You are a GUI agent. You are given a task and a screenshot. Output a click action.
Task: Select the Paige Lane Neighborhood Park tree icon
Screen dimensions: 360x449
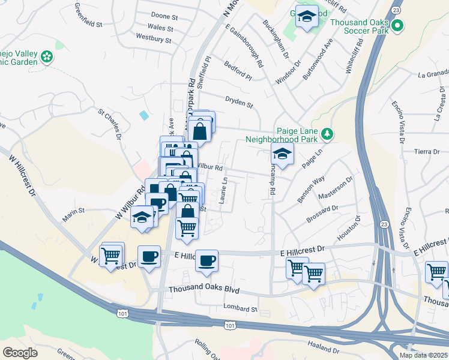click(327, 134)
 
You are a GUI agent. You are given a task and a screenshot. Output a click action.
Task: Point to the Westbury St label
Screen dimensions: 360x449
click(154, 40)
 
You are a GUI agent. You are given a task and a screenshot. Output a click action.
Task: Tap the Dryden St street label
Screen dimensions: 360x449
click(238, 103)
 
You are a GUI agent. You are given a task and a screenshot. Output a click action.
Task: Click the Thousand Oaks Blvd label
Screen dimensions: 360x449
click(204, 290)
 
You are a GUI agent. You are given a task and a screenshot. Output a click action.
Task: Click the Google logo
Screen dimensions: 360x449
click(20, 352)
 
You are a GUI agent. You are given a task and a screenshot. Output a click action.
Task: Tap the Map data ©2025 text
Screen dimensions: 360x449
click(423, 355)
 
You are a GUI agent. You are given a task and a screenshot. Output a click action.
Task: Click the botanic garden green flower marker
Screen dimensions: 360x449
click(47, 58)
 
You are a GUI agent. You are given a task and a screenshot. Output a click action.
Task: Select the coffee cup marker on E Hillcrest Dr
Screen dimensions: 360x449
click(207, 260)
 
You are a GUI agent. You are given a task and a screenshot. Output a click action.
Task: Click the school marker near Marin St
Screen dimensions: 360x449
click(142, 217)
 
